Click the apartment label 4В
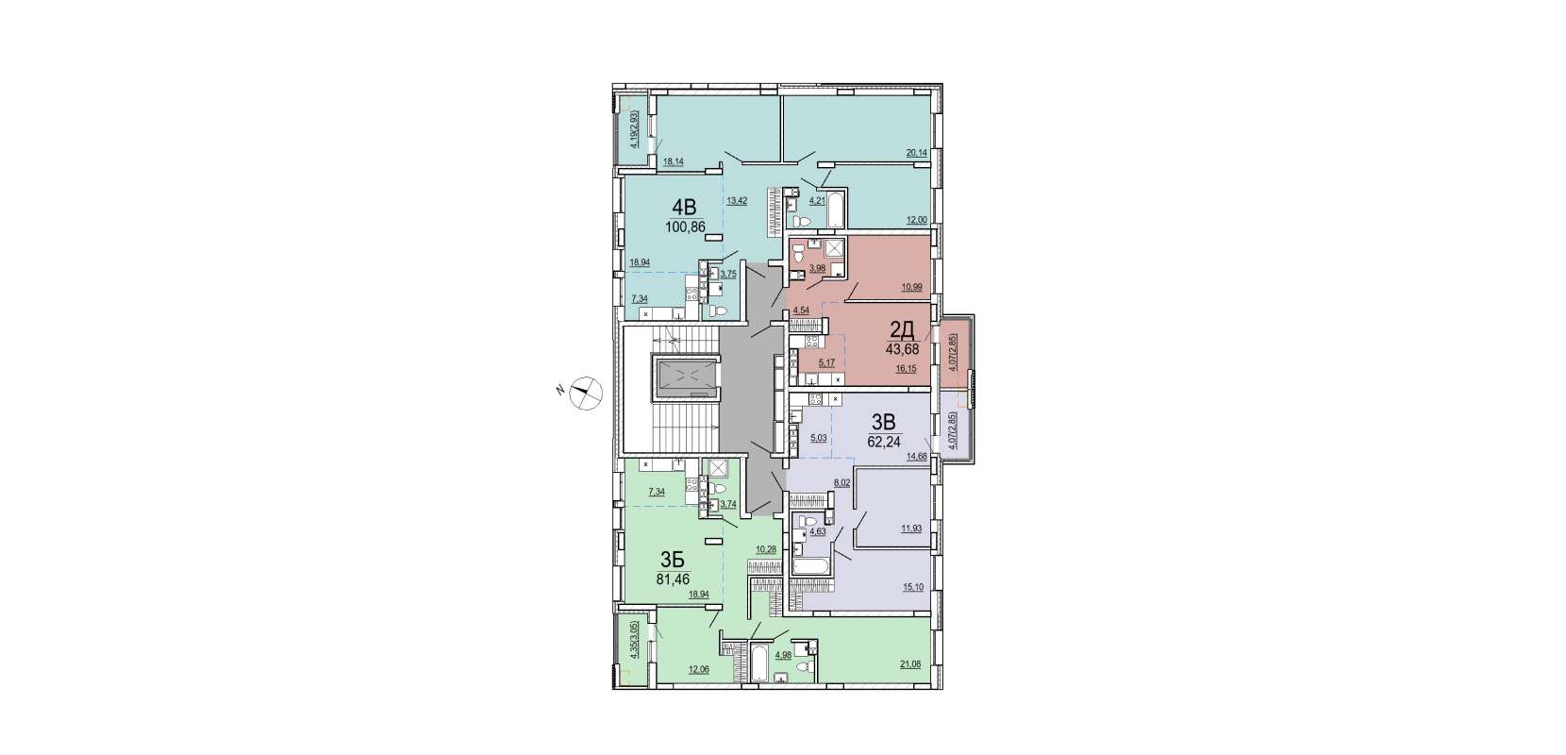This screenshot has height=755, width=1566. click(195, 207)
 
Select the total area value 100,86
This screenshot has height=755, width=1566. click(196, 226)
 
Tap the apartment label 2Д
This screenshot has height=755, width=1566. click(902, 328)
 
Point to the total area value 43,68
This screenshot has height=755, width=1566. click(902, 349)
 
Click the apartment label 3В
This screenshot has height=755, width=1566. click(884, 422)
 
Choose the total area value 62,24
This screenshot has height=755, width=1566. click(884, 442)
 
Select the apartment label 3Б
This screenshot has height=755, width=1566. click(183, 560)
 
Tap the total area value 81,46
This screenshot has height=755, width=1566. click(183, 579)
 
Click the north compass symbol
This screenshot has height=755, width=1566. click(585, 393)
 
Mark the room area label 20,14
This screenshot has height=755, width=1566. click(917, 153)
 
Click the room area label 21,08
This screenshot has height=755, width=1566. click(910, 664)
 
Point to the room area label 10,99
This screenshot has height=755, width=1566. click(912, 288)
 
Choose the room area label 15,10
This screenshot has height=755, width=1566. click(913, 587)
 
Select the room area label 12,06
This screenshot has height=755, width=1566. click(209, 669)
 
